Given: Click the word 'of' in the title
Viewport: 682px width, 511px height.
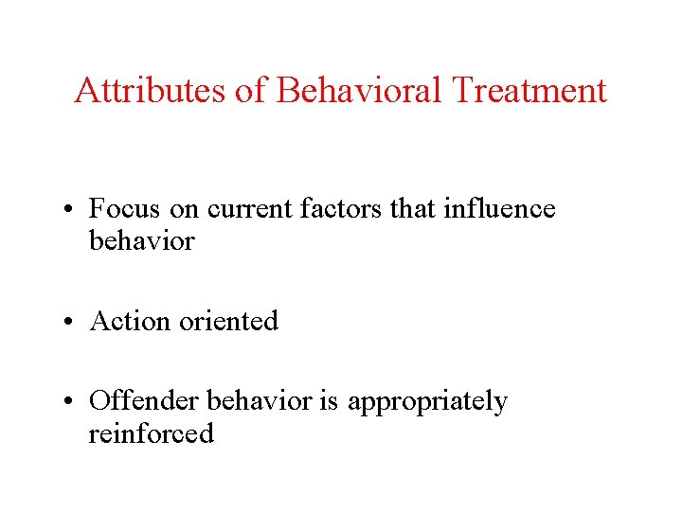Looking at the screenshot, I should click(257, 91).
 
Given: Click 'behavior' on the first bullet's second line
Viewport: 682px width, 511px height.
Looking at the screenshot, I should click(141, 241).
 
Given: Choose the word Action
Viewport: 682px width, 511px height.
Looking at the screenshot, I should click(128, 322).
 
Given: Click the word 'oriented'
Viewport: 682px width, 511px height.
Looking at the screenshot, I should click(227, 322).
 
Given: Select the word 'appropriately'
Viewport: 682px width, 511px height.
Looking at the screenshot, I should click(427, 403).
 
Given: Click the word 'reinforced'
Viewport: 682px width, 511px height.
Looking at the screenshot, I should click(151, 434).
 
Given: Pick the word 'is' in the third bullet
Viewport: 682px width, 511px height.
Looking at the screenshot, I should click(328, 402).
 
